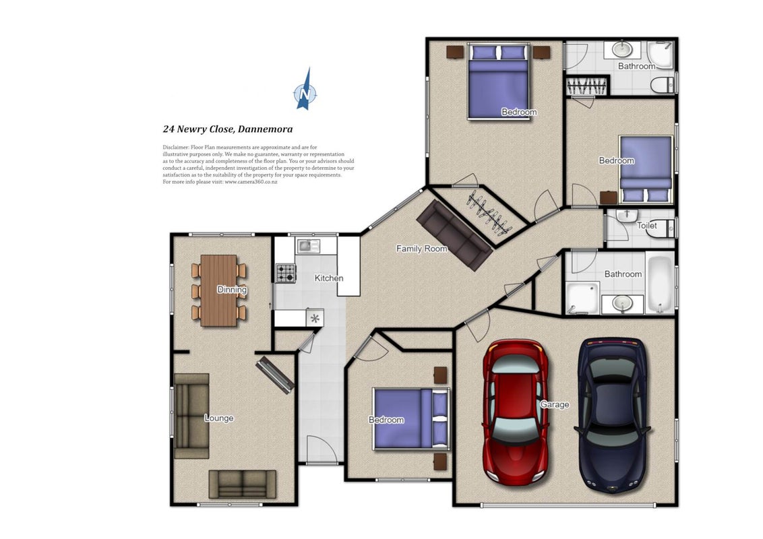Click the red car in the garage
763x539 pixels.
(x=516, y=412)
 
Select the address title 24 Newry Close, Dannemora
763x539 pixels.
(x=228, y=129)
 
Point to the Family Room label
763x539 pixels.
(x=421, y=249)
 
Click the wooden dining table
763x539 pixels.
(x=218, y=290)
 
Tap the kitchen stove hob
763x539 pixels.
(x=286, y=273)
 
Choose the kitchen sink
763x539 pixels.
(x=307, y=246)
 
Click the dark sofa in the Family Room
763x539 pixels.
(x=454, y=234)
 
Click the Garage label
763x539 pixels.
(x=554, y=404)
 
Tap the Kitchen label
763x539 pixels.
(x=329, y=278)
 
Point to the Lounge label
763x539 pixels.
(x=219, y=418)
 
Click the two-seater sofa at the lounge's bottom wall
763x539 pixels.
(x=243, y=484)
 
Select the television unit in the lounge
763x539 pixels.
(x=276, y=375)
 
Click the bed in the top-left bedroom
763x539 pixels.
(x=498, y=82)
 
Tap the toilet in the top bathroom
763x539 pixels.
(x=663, y=84)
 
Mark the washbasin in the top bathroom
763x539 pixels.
(x=622, y=49)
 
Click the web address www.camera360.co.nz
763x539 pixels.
(x=251, y=182)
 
